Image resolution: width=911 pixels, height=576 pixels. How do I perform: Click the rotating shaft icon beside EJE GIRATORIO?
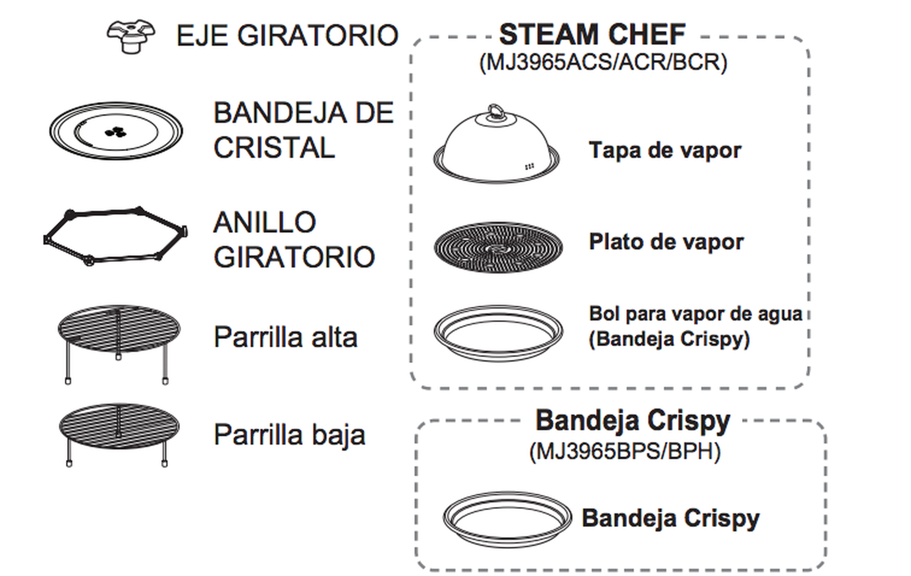[x=130, y=36]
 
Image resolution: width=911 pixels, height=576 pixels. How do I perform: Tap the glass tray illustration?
[x=116, y=130]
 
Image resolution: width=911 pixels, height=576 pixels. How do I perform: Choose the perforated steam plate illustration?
[x=498, y=247]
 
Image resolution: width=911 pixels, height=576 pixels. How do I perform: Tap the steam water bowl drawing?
[x=498, y=333]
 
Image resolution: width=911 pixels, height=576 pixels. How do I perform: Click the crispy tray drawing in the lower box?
[x=507, y=519]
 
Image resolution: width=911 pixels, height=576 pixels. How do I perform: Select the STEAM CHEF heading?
[x=592, y=35]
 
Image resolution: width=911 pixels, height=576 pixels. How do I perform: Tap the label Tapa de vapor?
[x=665, y=151]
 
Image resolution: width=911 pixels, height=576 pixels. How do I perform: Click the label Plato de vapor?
[x=666, y=242]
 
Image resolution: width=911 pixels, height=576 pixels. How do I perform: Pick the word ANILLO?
[x=265, y=222]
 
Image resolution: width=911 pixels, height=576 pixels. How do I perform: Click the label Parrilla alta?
[x=286, y=337]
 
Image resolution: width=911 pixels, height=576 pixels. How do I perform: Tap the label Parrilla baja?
[x=289, y=435]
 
